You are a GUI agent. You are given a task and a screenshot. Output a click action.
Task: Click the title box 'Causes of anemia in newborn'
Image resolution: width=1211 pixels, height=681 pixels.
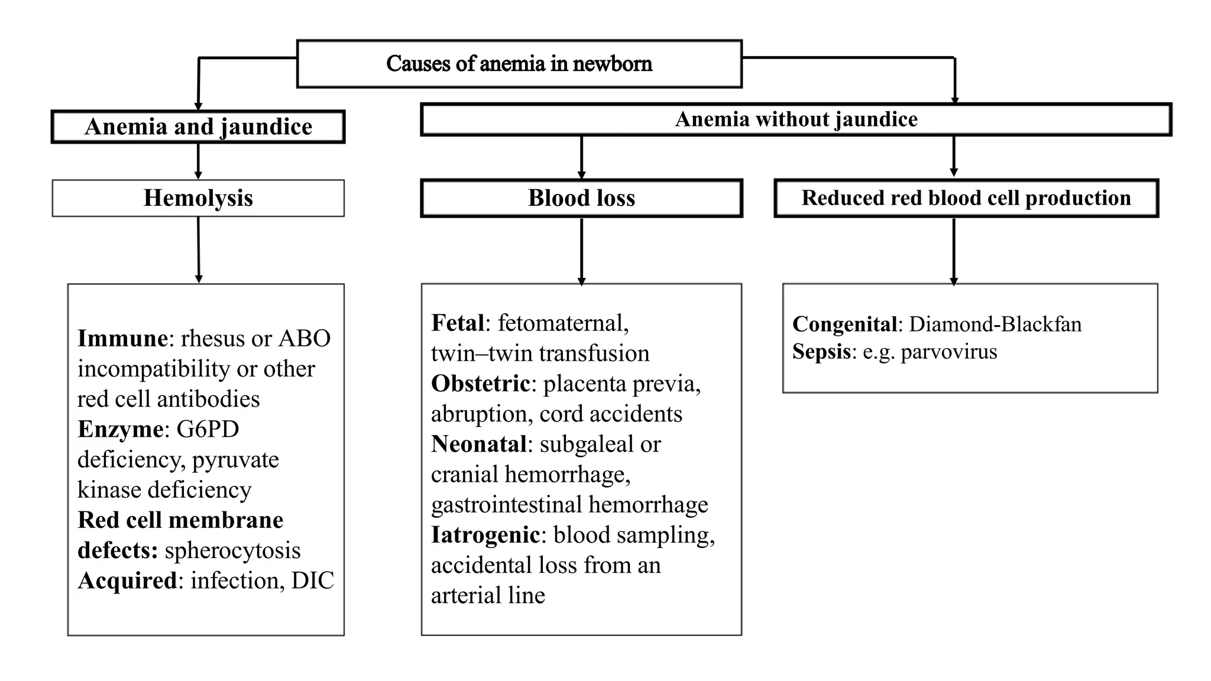point(519,64)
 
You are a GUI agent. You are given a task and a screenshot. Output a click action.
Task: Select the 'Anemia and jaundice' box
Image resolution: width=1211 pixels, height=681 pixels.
point(198,127)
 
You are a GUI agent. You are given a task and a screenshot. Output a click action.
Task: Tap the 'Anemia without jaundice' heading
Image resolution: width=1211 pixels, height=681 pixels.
point(796,119)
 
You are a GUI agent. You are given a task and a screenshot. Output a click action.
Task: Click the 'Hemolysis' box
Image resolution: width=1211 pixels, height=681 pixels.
point(198,198)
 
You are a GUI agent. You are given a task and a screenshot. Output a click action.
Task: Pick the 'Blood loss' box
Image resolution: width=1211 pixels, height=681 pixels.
point(581,198)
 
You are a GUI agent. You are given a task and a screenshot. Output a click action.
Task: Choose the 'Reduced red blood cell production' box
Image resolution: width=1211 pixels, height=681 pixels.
point(966,198)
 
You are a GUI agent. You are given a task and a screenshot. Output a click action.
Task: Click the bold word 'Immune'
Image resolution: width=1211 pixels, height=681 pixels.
point(122,338)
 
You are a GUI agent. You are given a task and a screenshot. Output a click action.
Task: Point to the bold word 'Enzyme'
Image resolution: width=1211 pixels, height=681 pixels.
point(121,429)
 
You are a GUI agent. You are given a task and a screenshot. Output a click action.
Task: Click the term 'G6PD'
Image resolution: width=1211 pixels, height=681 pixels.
point(208,429)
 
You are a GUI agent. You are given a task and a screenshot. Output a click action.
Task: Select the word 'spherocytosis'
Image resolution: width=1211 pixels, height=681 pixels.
point(232,550)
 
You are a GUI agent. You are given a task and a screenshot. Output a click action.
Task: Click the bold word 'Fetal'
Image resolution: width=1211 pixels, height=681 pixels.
point(458,323)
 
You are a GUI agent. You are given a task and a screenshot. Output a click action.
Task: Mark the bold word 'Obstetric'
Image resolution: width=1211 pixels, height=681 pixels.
point(480,384)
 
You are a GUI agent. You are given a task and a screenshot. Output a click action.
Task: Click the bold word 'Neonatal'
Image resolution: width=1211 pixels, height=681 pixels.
point(479,444)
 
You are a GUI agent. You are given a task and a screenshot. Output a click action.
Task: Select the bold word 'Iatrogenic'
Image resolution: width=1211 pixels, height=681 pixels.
point(485,535)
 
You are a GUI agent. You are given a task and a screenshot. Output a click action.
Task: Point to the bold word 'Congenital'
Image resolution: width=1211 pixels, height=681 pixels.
point(844,324)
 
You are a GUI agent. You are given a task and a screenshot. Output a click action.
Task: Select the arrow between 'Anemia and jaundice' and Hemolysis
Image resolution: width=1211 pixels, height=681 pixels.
point(198,161)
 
